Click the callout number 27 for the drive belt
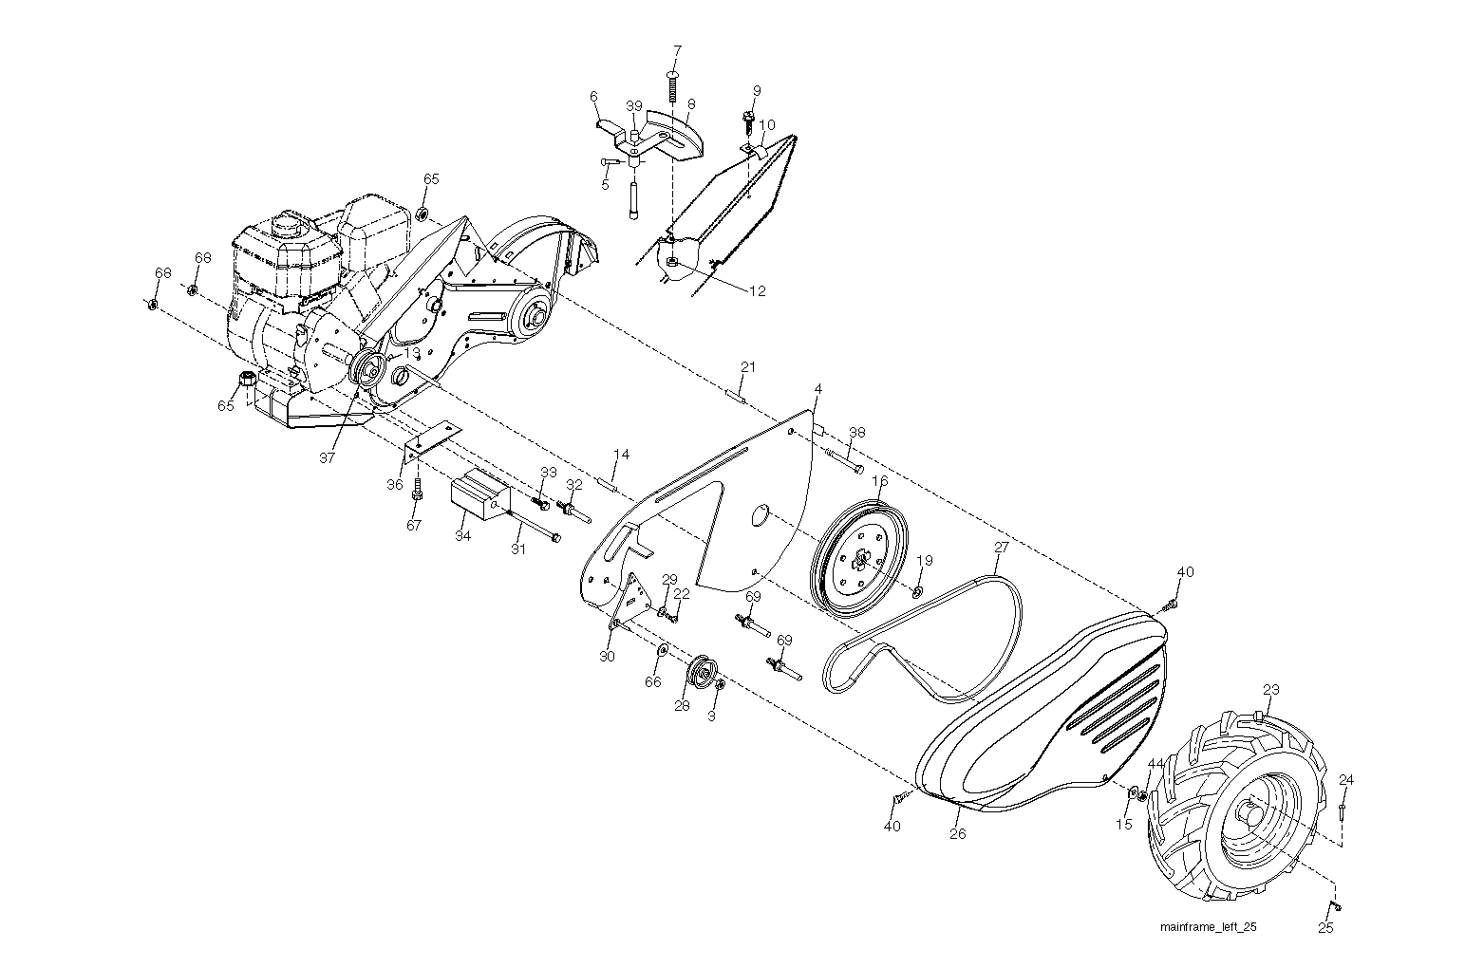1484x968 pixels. [1001, 548]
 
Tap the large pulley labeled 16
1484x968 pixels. [859, 560]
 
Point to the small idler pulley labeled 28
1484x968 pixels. [701, 673]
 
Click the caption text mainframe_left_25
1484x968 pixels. [1209, 927]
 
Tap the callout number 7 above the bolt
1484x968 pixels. [677, 51]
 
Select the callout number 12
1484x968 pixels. [758, 290]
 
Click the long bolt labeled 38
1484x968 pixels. [844, 459]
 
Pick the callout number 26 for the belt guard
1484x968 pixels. [958, 834]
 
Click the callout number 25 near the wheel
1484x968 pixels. [1325, 928]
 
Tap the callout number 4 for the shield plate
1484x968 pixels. [818, 389]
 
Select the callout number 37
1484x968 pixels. [327, 458]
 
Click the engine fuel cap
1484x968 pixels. [287, 223]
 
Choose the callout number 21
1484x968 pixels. [748, 367]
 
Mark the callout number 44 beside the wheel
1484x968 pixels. [1155, 763]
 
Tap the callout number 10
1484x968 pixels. [766, 125]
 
